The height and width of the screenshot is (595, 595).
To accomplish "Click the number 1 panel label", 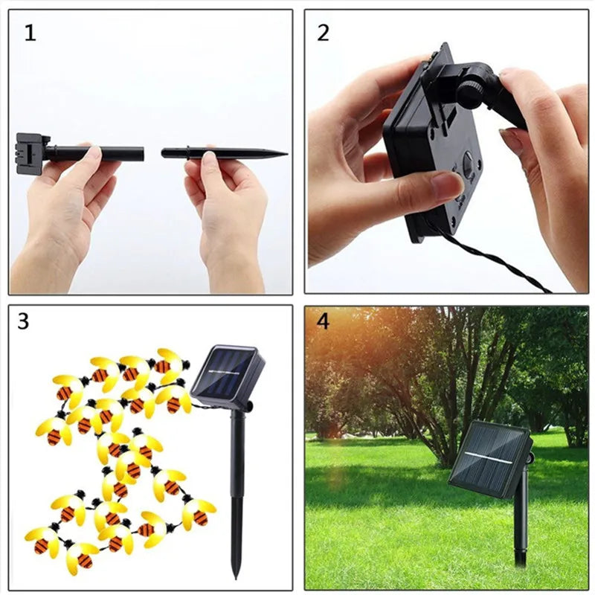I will tap(30, 33).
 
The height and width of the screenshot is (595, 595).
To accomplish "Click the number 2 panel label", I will tap(323, 33).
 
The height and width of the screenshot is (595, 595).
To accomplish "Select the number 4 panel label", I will tap(322, 321).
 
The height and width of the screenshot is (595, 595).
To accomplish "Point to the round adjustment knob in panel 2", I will tap(470, 92).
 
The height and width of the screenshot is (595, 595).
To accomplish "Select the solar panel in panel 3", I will tap(228, 375).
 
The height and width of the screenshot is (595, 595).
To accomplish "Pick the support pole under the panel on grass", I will tap(521, 521).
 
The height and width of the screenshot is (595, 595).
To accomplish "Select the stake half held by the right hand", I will tap(223, 154).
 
